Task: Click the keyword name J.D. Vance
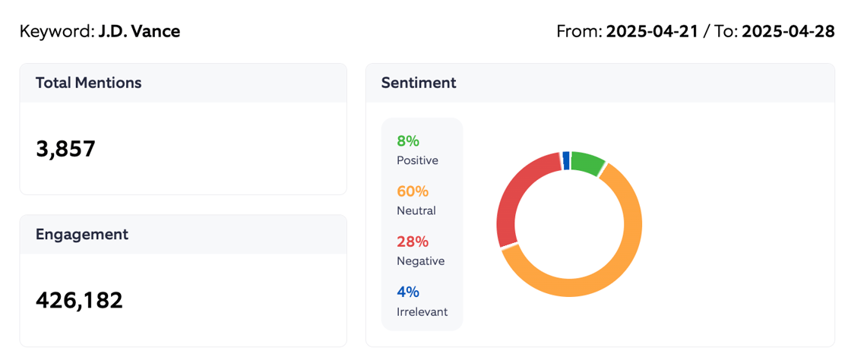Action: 139,31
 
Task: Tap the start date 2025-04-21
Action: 652,31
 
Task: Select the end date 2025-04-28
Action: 788,31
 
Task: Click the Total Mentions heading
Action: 88,83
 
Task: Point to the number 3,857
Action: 65,149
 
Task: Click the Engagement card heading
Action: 82,234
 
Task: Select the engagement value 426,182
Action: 79,300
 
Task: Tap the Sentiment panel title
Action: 419,83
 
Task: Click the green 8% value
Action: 408,141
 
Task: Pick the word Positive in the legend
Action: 417,160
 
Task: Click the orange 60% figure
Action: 413,191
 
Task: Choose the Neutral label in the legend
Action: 416,210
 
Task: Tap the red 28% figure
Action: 413,242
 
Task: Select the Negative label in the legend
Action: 420,261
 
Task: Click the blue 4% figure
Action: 408,292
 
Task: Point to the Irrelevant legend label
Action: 422,311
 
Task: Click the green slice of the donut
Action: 587,163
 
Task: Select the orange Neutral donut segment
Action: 608,273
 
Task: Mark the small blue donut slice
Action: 566,159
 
